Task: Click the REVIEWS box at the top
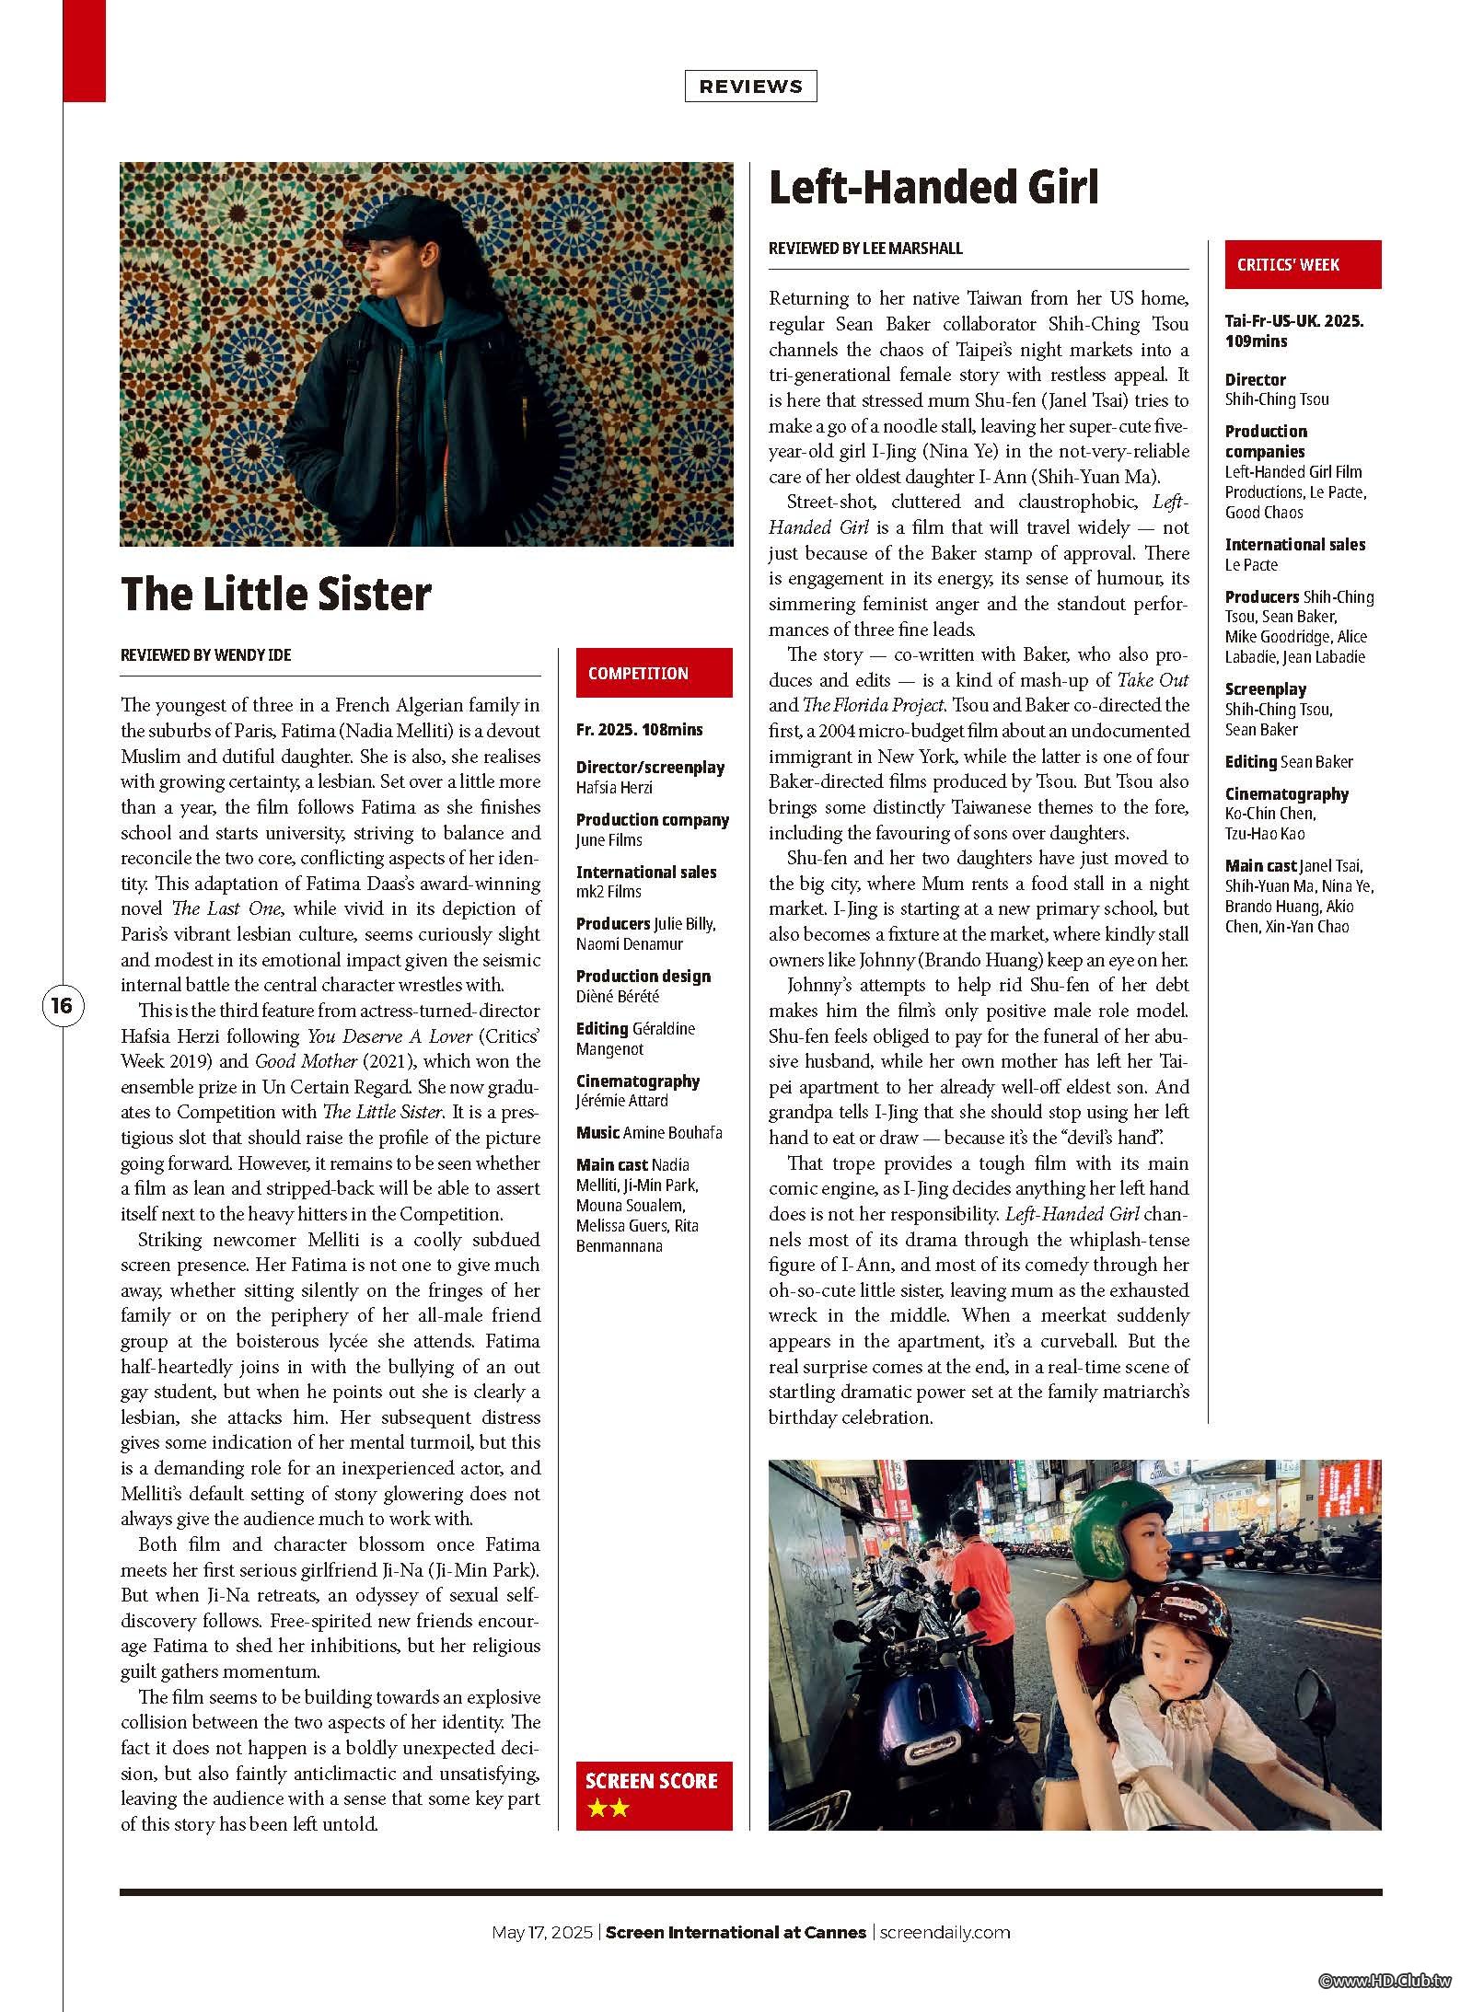point(750,87)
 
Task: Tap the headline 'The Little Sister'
point(275,594)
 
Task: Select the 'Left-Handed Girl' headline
point(933,188)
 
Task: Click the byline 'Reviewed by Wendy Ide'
point(205,655)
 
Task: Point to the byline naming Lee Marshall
point(865,249)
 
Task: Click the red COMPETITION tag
point(654,673)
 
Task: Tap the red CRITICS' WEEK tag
point(1302,265)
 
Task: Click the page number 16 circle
point(61,1005)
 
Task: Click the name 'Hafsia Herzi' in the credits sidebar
point(614,788)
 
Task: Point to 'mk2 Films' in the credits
point(609,892)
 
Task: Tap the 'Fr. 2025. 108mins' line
point(639,730)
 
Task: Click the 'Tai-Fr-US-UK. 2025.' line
point(1293,321)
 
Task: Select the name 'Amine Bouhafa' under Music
point(673,1133)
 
